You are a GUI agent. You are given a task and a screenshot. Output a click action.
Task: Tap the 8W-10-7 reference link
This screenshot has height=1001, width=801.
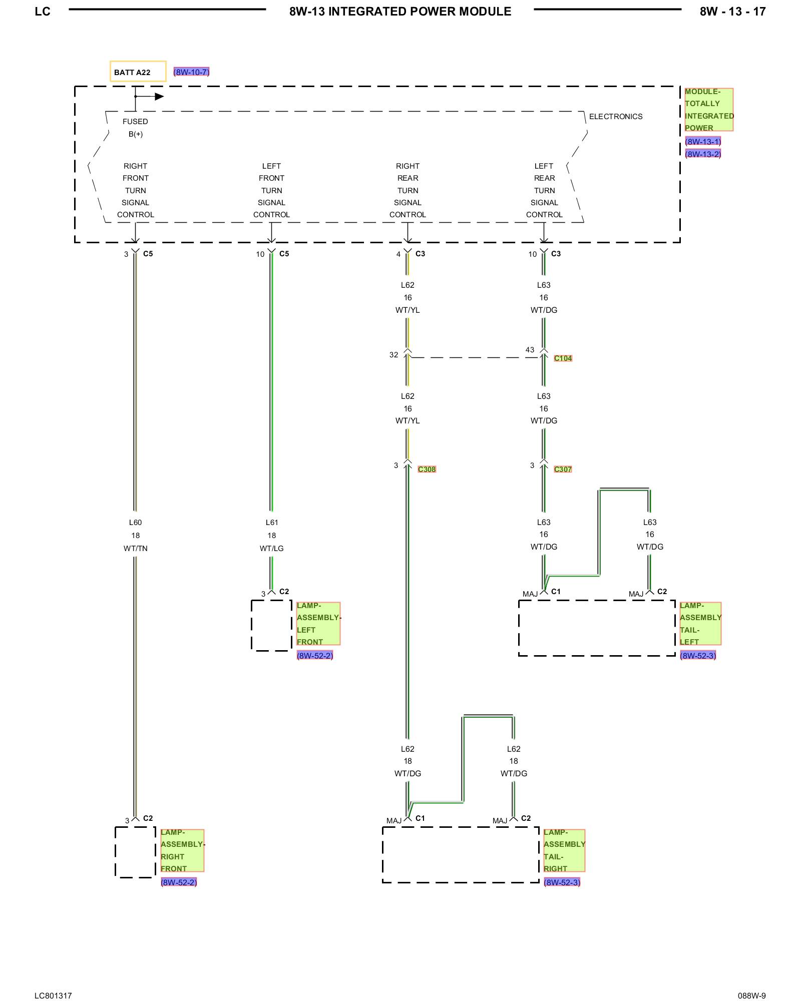coord(191,72)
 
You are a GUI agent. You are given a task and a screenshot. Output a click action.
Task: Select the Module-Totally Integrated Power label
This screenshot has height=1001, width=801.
coord(708,110)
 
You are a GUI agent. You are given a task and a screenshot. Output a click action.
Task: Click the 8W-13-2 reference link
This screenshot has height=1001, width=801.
coord(703,154)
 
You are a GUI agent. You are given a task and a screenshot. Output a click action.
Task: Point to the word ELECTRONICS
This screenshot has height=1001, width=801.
coord(615,117)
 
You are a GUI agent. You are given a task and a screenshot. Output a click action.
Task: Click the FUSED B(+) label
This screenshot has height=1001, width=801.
coord(135,128)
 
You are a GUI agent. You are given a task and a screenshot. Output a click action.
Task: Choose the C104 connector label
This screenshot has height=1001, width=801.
coord(563,358)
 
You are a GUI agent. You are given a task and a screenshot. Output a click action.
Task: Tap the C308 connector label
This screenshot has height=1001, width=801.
coord(427,469)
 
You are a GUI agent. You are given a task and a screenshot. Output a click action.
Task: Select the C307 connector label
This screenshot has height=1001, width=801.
coord(563,469)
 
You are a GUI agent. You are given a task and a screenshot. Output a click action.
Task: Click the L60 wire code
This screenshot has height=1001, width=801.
coord(135,523)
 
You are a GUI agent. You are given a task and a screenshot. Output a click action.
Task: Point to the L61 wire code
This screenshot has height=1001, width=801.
coord(271,523)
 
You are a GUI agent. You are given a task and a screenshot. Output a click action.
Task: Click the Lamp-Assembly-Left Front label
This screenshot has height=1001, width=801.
coord(318,624)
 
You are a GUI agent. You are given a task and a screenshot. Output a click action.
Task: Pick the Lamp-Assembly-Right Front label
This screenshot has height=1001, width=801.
coord(182,850)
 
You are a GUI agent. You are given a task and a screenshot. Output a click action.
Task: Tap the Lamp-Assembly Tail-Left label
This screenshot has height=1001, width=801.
coord(700,624)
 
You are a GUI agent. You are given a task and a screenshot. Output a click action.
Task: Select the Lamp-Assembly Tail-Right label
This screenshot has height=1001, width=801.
coord(564,850)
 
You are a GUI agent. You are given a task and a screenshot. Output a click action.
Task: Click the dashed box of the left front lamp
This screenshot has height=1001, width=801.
coord(271,626)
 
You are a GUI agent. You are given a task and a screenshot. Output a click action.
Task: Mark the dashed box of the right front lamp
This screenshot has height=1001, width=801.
coord(135,852)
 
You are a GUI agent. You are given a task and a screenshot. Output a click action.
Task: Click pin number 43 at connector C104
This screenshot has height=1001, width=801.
coord(530,350)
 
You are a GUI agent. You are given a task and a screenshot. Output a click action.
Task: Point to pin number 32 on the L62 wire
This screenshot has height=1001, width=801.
coord(393,355)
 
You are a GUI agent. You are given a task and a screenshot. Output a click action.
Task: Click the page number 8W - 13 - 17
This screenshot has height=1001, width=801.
coord(732,12)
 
